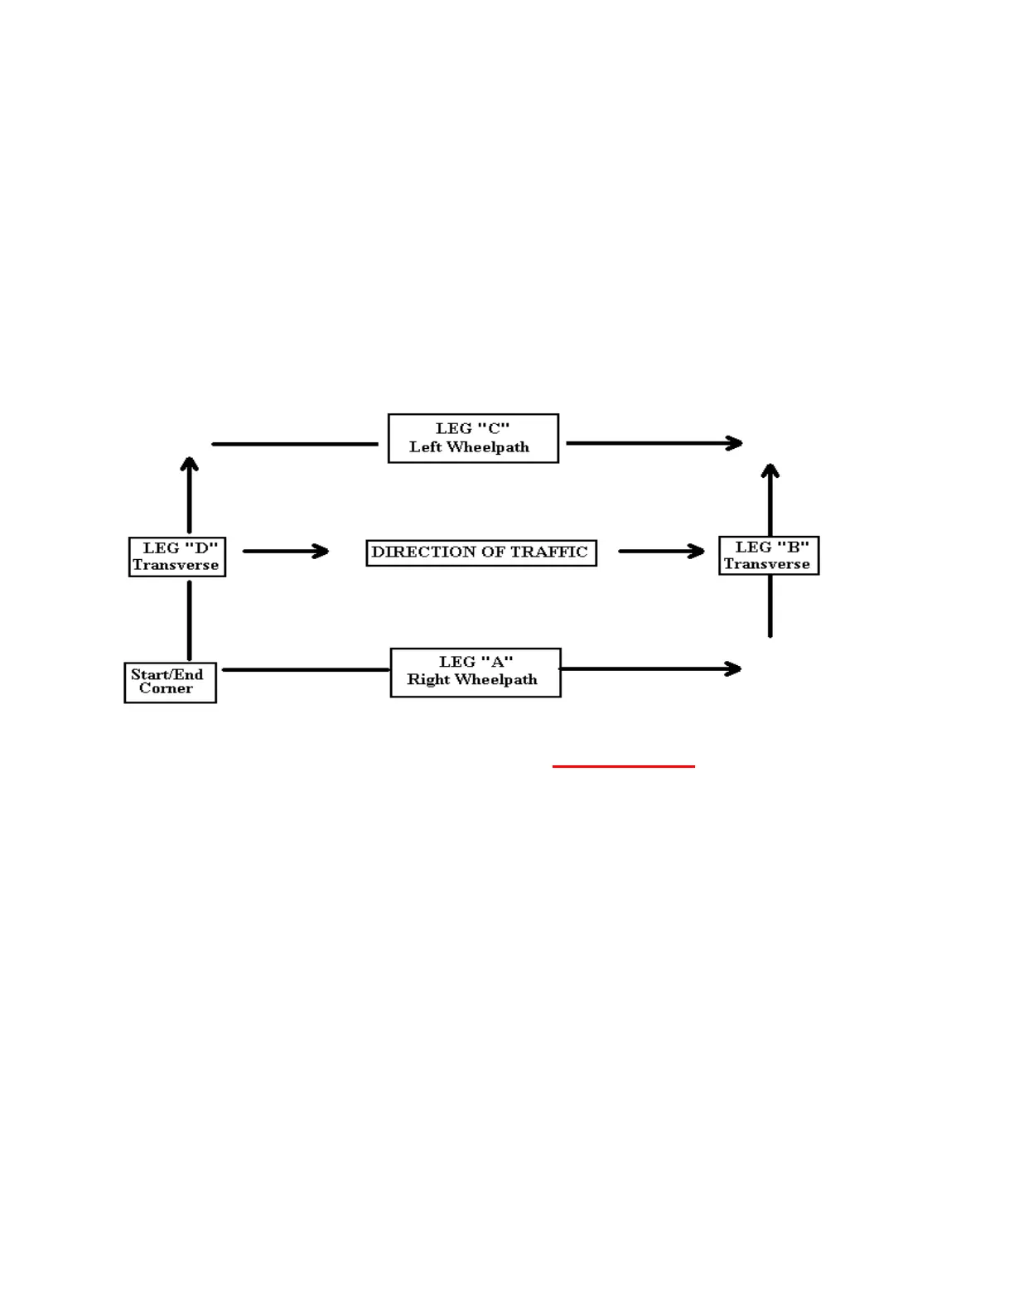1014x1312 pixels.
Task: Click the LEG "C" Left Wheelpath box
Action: pyautogui.click(x=473, y=438)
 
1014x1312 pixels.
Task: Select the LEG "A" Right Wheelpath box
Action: pyautogui.click(x=476, y=672)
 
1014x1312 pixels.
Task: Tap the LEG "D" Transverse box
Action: pyautogui.click(x=177, y=557)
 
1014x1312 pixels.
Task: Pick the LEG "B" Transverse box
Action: pyautogui.click(x=769, y=556)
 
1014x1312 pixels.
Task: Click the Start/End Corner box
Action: pyautogui.click(x=170, y=683)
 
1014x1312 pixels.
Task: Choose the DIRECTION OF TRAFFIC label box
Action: pyautogui.click(x=481, y=552)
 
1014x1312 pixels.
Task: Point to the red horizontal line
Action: pyautogui.click(x=623, y=766)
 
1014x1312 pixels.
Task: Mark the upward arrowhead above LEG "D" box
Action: pyautogui.click(x=190, y=465)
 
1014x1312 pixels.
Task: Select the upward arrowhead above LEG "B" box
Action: pyautogui.click(x=770, y=471)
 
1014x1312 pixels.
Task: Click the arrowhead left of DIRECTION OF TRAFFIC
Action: pyautogui.click(x=321, y=551)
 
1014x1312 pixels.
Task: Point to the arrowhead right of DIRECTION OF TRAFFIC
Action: pyautogui.click(x=697, y=551)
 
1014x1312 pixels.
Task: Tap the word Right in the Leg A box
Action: pyautogui.click(x=428, y=680)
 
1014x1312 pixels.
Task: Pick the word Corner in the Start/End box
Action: pyautogui.click(x=166, y=688)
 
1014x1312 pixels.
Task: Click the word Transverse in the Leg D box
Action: pyautogui.click(x=176, y=565)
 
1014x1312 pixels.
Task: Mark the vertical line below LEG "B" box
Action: pyautogui.click(x=770, y=605)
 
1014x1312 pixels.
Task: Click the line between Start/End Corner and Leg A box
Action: pyautogui.click(x=306, y=669)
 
